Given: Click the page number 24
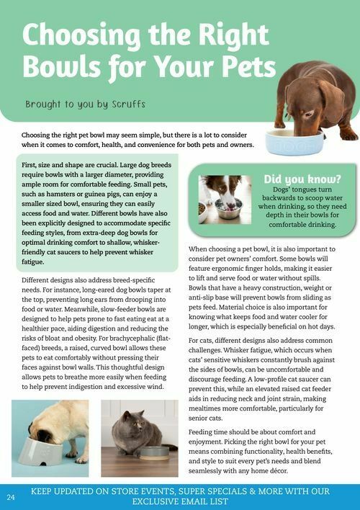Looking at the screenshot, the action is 11,497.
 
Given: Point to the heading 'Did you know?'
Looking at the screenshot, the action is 302,179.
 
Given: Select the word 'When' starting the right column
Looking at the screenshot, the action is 200,249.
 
